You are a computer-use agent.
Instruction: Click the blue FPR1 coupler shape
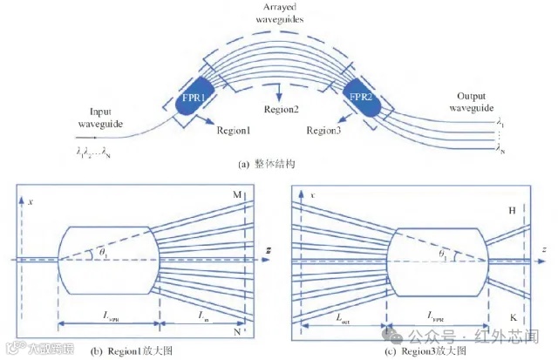click(x=193, y=101)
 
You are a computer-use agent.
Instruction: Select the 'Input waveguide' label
click(x=107, y=118)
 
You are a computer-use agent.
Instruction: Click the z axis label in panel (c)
click(x=542, y=250)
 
